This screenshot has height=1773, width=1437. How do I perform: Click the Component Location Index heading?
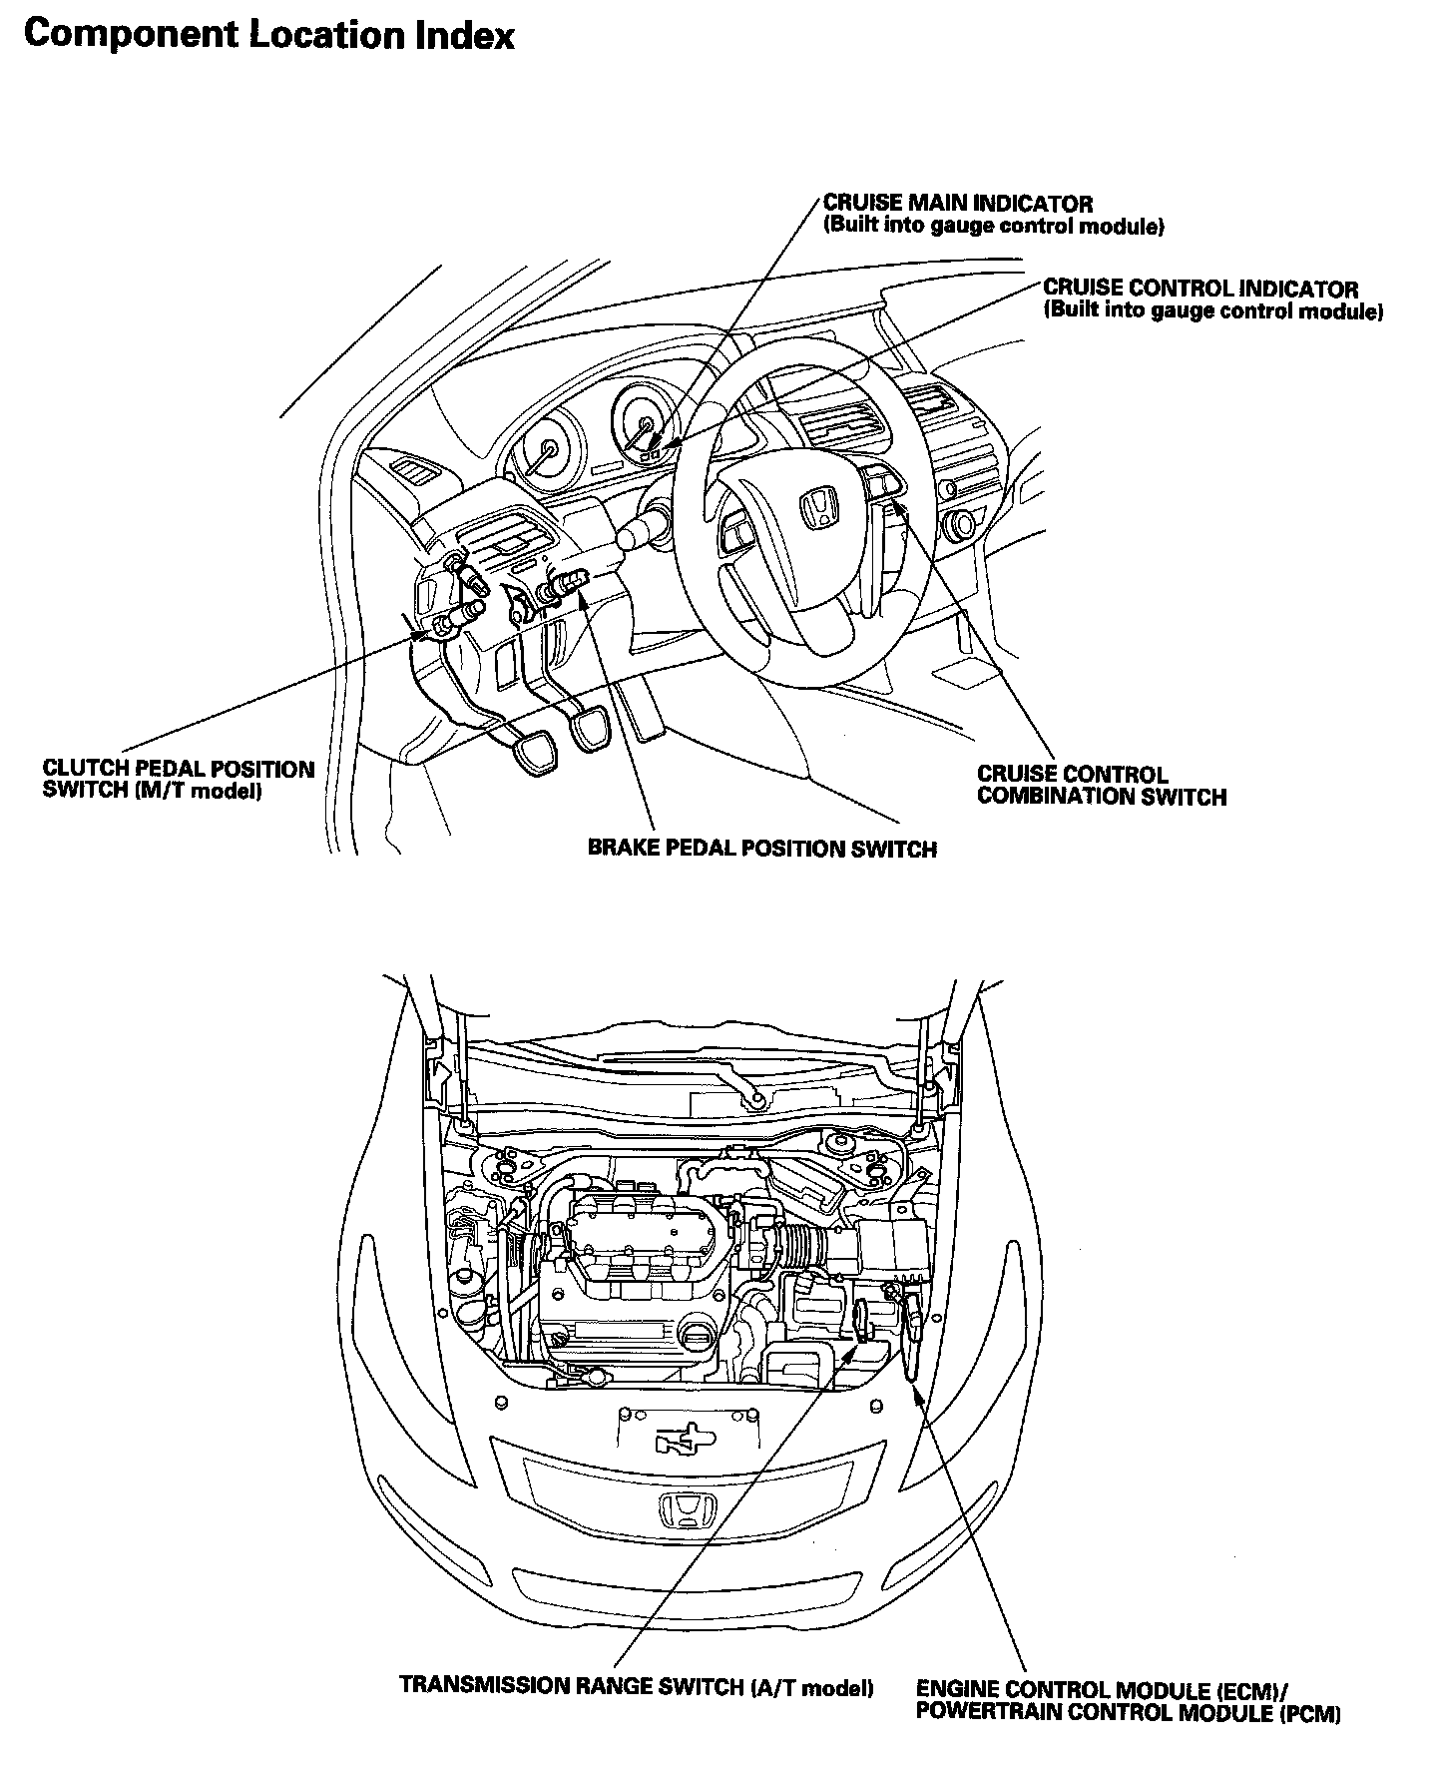269,36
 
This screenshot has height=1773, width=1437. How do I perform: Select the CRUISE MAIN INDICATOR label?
958,205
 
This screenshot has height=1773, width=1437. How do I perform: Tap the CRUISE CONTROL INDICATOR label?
1200,290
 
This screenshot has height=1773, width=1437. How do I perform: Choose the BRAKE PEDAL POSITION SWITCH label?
761,850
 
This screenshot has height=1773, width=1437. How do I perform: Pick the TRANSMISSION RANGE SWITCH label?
636,1686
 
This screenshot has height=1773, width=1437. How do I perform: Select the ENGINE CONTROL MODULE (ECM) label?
1102,1690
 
